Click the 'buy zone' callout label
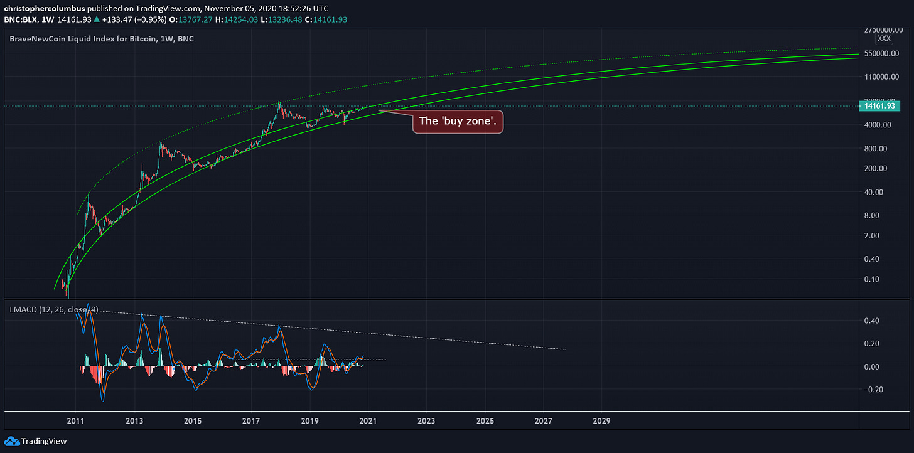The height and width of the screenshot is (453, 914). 458,121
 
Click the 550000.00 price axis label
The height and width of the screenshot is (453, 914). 879,54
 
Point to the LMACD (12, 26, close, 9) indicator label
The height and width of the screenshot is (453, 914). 53,309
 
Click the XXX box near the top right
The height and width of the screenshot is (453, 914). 884,38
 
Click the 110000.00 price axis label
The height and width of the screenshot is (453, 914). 879,77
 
